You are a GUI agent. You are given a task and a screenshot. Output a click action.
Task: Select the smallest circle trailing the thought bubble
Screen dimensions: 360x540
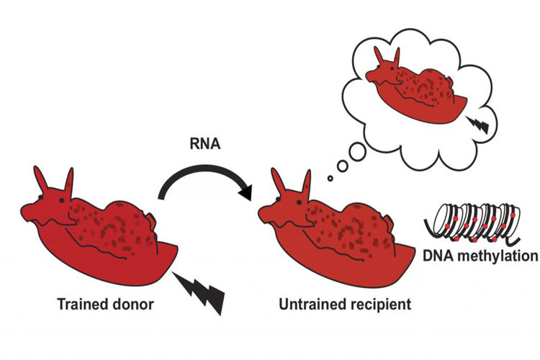click(x=330, y=177)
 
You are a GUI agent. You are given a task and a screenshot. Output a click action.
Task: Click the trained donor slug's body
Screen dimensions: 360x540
click(x=108, y=238)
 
